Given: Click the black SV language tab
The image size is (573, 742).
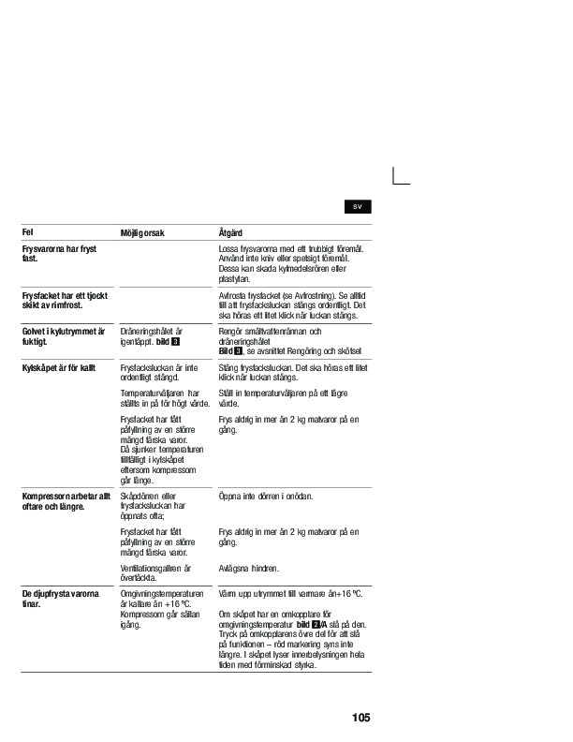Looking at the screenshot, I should pos(358,206).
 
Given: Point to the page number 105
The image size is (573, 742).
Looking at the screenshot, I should pos(361,718).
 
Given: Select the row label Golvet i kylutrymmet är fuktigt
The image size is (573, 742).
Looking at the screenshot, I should pos(64,337).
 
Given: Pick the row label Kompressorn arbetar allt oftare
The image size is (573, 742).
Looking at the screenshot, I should pos(66,500).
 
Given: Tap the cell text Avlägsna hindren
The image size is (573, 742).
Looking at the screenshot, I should pos(249,568).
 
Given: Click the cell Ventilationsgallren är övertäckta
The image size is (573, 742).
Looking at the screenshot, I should pos(155,572).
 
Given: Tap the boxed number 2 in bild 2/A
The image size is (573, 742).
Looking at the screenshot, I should pos(317,623).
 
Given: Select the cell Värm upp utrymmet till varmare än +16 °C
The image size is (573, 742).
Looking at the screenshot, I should pos(289,593).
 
